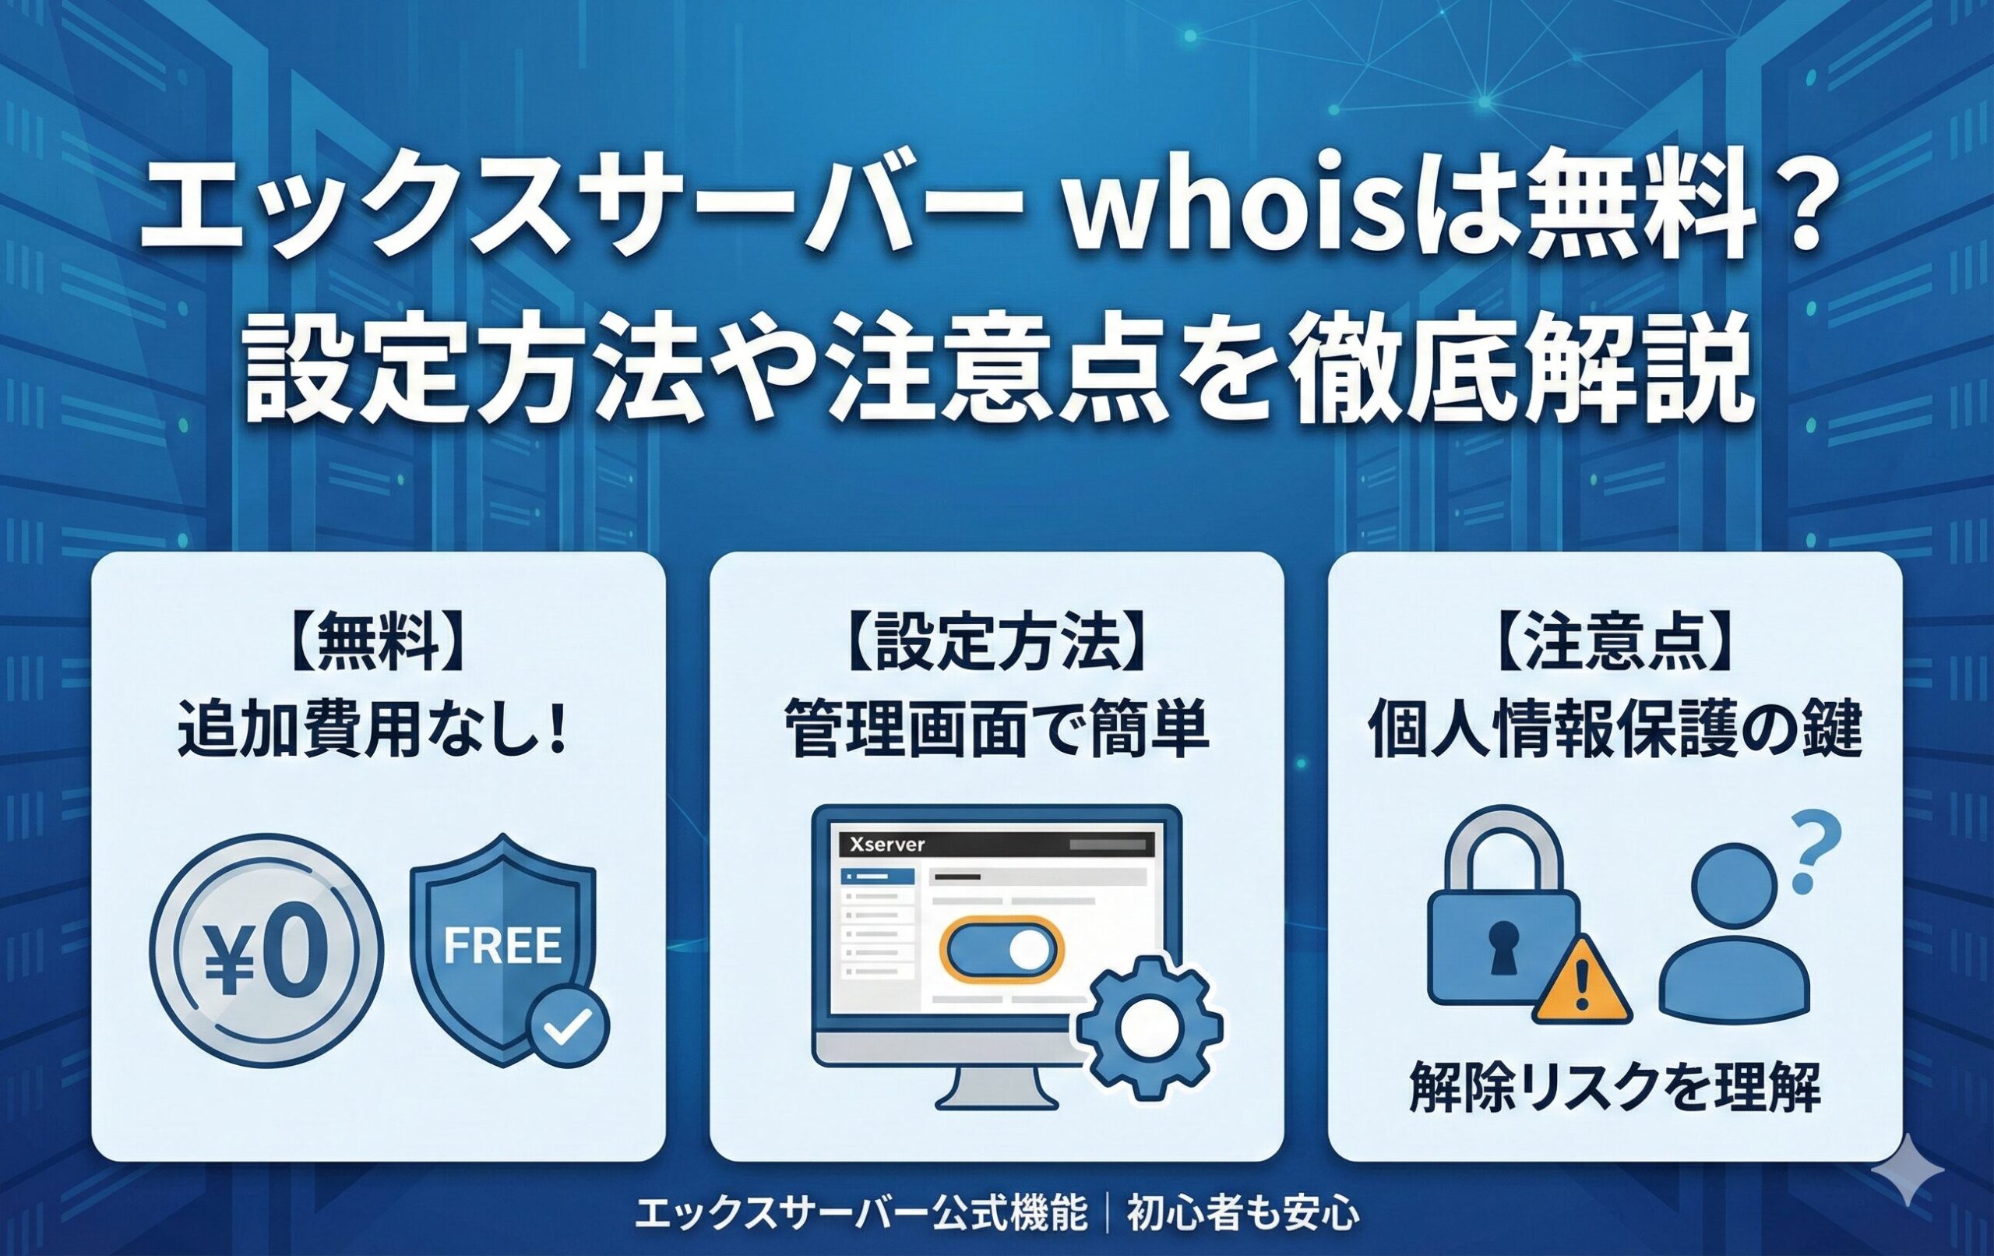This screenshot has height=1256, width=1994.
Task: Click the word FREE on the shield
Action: pos(502,945)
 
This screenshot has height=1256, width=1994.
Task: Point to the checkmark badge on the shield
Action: pos(569,1028)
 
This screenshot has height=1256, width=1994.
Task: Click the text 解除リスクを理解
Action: pos(1614,1086)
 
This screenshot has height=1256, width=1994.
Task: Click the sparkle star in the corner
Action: pos(1908,1169)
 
